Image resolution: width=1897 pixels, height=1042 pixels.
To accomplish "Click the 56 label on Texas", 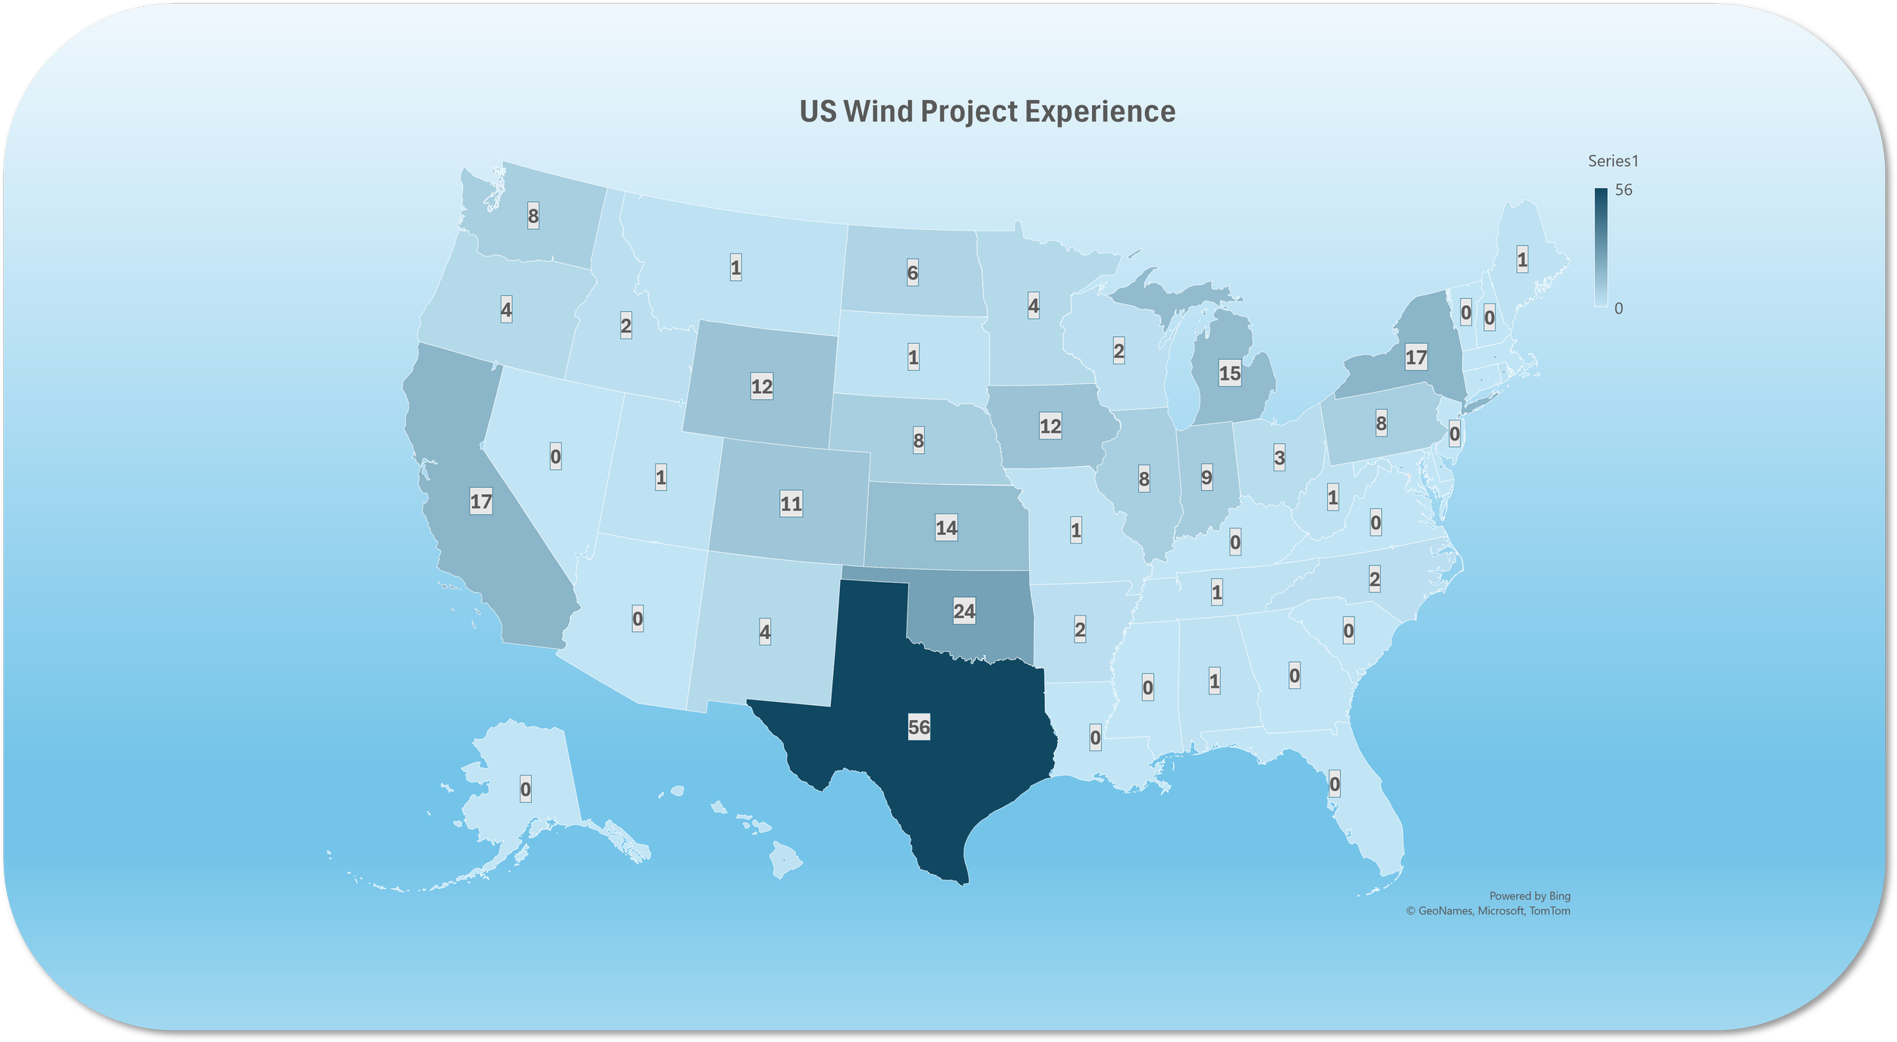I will [x=919, y=727].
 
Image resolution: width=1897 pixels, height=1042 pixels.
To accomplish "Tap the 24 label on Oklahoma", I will [x=964, y=610].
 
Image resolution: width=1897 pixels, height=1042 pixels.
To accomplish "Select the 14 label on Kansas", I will [x=946, y=527].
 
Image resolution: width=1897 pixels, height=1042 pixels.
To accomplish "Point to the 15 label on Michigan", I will [x=1229, y=373].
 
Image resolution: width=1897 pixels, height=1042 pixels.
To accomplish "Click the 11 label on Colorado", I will [x=791, y=503].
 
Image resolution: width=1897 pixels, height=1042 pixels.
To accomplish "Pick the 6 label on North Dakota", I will [x=913, y=272].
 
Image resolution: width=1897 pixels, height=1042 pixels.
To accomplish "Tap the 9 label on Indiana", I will [x=1206, y=477].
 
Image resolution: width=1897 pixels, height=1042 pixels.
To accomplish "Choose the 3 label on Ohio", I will [x=1279, y=458].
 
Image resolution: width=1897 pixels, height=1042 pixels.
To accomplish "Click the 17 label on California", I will [x=481, y=501].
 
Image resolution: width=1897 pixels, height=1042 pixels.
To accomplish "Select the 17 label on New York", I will [x=1416, y=357].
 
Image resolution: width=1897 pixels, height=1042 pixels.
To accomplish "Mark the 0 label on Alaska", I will [x=525, y=789].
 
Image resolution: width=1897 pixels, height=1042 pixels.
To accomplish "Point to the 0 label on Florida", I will [x=1335, y=783].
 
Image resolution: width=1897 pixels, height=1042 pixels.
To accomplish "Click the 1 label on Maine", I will [x=1522, y=260].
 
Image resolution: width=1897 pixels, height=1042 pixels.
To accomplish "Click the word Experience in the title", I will [x=1100, y=112].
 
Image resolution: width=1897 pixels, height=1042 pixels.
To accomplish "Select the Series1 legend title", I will [x=1613, y=161].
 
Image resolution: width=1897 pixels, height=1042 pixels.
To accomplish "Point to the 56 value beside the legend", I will [x=1623, y=190].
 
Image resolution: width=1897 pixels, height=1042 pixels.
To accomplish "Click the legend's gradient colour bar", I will [x=1600, y=247].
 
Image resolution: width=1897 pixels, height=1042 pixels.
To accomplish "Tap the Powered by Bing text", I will [x=1530, y=896].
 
